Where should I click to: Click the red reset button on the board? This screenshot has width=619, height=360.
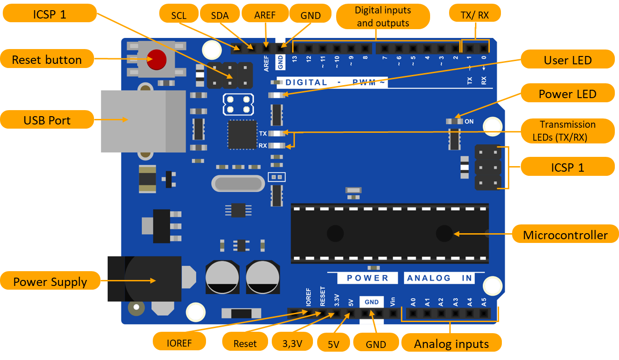click(x=157, y=59)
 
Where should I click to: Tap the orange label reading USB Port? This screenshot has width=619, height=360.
click(x=47, y=120)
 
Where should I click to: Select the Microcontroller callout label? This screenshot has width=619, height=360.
click(x=565, y=235)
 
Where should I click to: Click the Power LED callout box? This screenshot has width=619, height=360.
click(x=567, y=94)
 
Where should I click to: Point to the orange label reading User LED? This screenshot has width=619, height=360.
click(x=567, y=60)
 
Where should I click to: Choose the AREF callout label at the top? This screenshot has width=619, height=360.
click(x=265, y=15)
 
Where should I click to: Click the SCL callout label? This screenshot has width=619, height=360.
click(x=178, y=15)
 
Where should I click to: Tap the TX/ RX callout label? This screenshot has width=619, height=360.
click(x=475, y=15)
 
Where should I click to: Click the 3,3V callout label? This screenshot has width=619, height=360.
click(x=292, y=343)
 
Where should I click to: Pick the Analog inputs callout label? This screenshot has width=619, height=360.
click(x=451, y=344)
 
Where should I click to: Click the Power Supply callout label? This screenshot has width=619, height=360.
click(x=50, y=282)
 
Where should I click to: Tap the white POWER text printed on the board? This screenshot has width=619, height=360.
click(x=368, y=278)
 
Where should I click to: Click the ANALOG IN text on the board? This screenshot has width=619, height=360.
click(x=439, y=278)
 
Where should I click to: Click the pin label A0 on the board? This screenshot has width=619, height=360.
click(x=413, y=303)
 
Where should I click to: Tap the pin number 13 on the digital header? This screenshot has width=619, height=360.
click(x=294, y=58)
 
